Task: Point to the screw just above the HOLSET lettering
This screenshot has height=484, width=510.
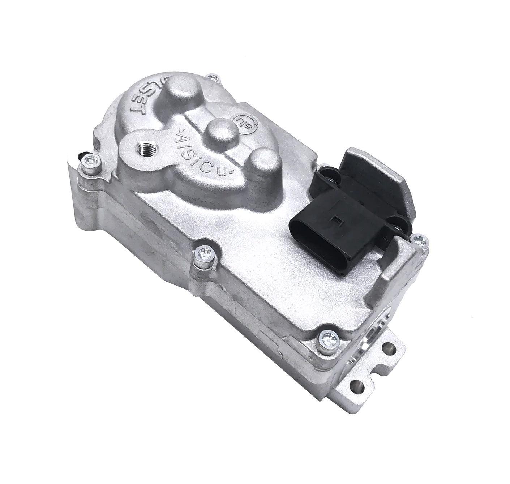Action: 214,78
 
